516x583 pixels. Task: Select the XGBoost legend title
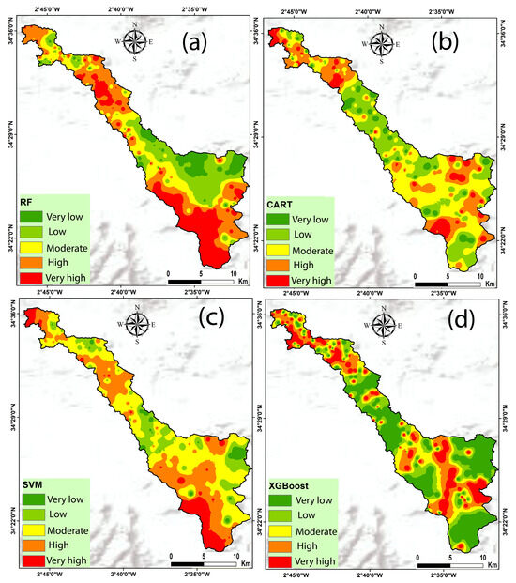pos(293,486)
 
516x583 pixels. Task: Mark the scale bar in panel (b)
pos(447,281)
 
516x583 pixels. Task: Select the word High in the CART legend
pos(306,266)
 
